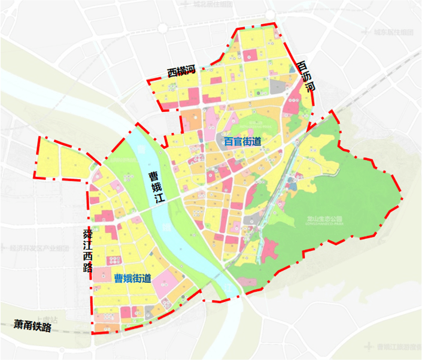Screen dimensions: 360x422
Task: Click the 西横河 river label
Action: [x=181, y=72]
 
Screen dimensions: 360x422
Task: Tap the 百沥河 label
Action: [x=306, y=78]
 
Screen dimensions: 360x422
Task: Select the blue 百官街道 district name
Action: [x=243, y=142]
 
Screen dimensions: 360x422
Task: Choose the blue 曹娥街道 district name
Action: [x=132, y=277]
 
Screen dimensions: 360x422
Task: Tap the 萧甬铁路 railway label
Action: [x=34, y=326]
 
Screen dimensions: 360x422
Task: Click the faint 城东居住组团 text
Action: [x=393, y=31]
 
